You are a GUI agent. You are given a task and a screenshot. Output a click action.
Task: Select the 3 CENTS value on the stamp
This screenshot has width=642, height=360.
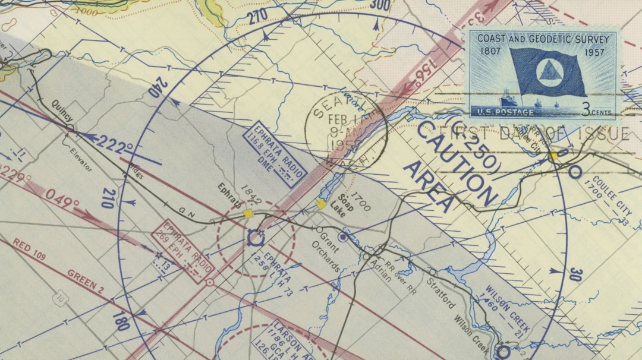tap(596, 110)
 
